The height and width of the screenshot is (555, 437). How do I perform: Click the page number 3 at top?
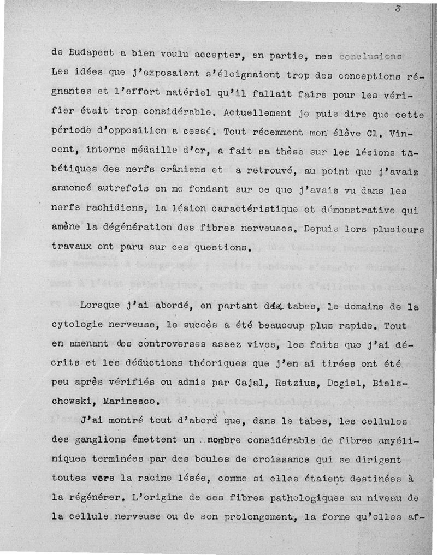[398, 8]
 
